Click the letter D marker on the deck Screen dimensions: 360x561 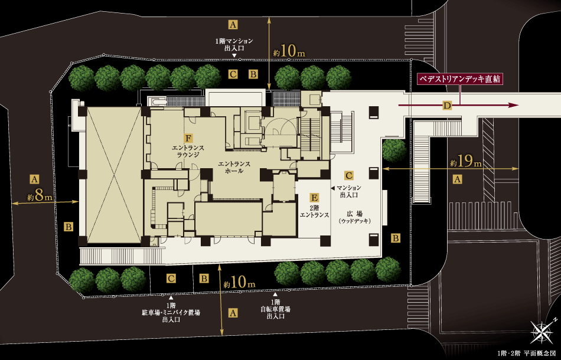coord(448,106)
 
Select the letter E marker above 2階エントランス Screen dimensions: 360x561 coord(315,198)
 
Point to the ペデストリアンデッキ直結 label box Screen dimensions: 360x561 coord(459,78)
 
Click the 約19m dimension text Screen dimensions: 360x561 coord(465,162)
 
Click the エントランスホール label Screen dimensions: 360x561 coord(234,167)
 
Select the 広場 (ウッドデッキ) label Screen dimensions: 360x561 coord(354,216)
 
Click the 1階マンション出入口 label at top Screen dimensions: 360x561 coord(234,44)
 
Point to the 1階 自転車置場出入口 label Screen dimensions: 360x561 coord(276,309)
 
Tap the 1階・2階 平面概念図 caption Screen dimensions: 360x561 coord(526,352)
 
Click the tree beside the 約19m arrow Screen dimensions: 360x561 coord(394,150)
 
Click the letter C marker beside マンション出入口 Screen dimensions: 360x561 coord(349,175)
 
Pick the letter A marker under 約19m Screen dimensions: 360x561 coord(456,179)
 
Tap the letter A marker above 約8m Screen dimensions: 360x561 coord(34,179)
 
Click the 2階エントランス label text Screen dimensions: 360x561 coord(315,212)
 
